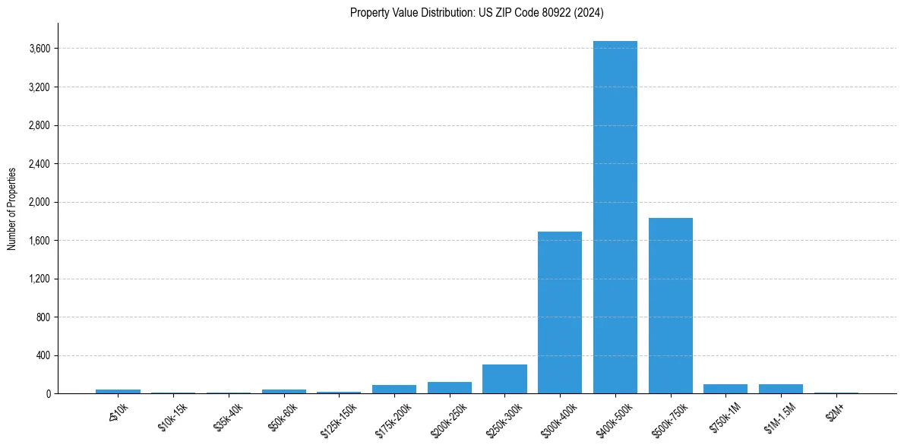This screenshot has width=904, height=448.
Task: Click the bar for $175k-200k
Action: coord(394,390)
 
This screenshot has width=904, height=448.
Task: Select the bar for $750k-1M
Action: coord(725,389)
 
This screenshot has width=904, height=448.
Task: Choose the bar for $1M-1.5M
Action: coord(780,389)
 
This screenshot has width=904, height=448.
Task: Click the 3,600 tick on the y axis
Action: coord(40,49)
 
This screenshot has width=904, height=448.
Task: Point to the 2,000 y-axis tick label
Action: coord(40,202)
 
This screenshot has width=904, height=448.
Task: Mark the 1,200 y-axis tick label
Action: coord(40,279)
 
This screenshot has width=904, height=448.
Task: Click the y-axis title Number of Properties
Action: coord(11,208)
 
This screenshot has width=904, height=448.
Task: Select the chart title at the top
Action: coord(476,12)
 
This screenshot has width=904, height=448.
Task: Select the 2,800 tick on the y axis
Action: coord(40,125)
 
